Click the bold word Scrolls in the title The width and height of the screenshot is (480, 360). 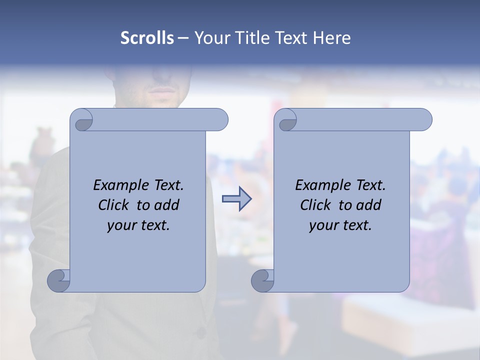[x=147, y=38]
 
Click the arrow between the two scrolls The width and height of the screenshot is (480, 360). [x=236, y=199]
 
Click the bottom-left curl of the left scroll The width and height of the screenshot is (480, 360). [x=58, y=280]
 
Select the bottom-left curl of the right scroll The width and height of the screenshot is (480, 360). [x=262, y=280]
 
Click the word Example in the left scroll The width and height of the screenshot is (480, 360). [x=119, y=185]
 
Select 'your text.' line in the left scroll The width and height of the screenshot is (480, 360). [x=138, y=225]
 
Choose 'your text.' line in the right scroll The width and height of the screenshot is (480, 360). [x=340, y=225]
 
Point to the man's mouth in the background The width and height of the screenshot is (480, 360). [x=162, y=90]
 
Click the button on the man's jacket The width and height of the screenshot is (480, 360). [x=200, y=332]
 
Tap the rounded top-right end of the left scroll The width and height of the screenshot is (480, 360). [x=220, y=119]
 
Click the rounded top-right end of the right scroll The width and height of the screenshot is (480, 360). [x=424, y=119]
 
